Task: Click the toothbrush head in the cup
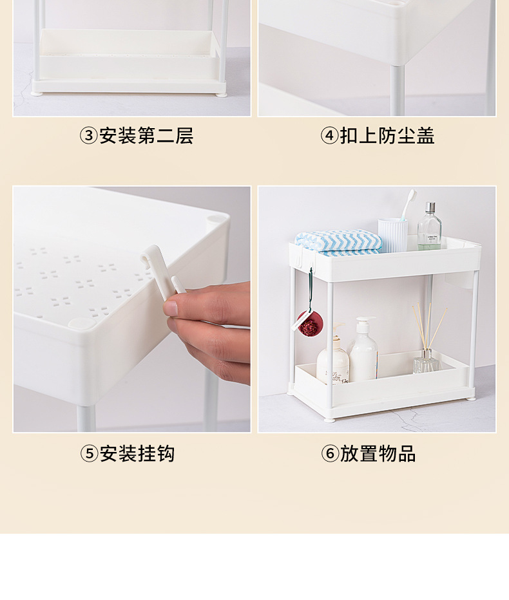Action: click(410, 195)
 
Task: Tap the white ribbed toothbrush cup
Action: click(392, 234)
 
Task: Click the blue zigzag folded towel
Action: click(338, 241)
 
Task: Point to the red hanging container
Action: click(309, 325)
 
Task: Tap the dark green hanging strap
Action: click(311, 290)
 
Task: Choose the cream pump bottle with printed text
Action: click(332, 361)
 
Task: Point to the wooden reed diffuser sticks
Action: click(428, 325)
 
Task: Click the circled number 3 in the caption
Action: click(88, 136)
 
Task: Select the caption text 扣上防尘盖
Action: click(387, 136)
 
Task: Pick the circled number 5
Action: click(89, 454)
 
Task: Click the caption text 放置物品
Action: click(378, 454)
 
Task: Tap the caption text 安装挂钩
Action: click(137, 454)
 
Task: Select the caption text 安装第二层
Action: click(146, 136)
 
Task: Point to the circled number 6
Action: click(330, 454)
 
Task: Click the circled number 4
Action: click(330, 136)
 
